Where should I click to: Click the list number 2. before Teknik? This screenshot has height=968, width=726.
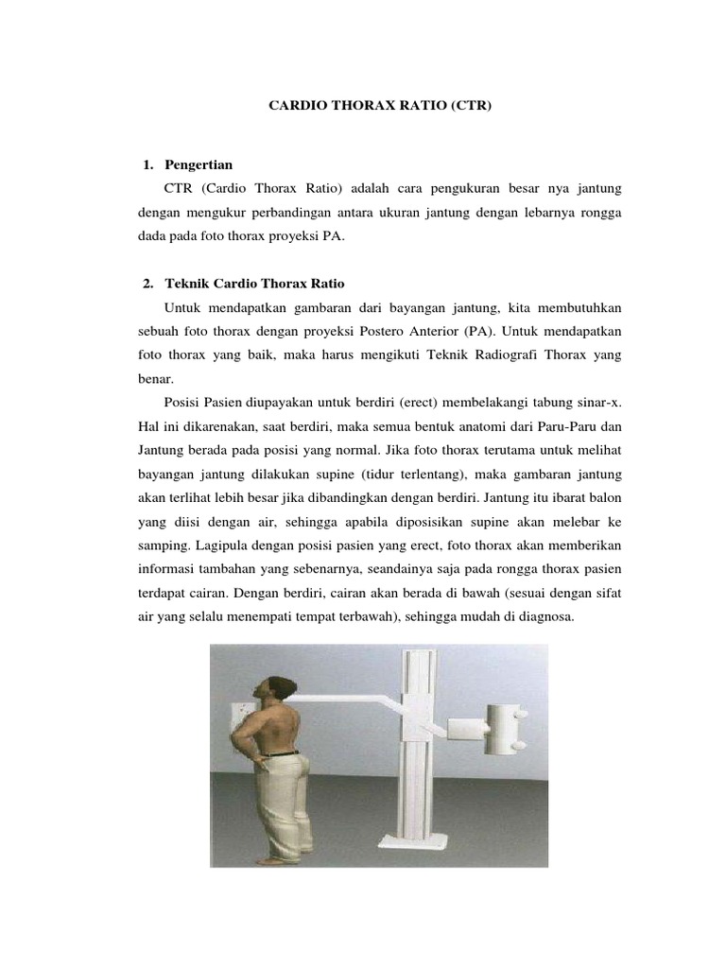point(147,284)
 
